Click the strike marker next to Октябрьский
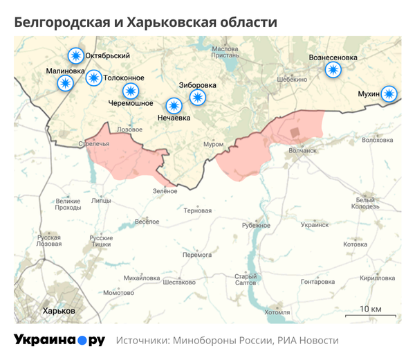[74, 56]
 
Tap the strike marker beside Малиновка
[66, 83]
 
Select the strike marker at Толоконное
[93, 78]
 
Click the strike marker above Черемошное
[130, 91]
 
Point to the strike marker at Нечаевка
[174, 106]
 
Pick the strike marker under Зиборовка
[198, 98]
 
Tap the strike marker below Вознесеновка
[333, 69]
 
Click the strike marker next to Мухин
[390, 94]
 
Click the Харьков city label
[59, 311]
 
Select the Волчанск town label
[302, 150]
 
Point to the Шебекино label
[291, 80]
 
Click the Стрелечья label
[94, 144]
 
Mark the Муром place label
[213, 145]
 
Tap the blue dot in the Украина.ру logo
[82, 341]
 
